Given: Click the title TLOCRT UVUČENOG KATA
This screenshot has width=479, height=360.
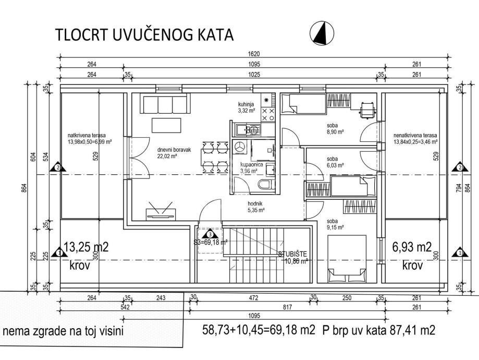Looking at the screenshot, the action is (x=144, y=35).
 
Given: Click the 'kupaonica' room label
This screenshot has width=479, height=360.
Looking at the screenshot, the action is (x=251, y=165).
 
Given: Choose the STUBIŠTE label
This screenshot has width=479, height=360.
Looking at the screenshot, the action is (x=292, y=254).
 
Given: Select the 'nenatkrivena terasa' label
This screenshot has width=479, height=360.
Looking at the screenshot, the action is (x=415, y=135).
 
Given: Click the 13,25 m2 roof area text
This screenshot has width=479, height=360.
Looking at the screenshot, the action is (x=85, y=247).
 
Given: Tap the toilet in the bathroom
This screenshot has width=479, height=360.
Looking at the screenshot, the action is (x=263, y=184).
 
